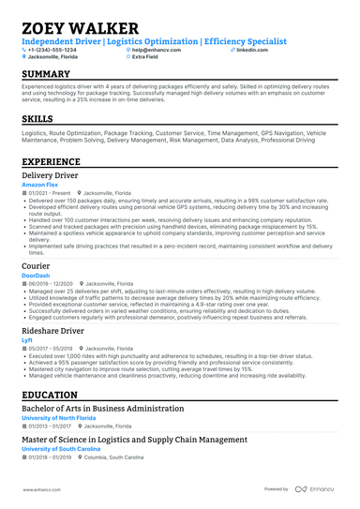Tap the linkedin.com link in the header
(x=253, y=50)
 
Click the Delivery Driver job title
(x=56, y=176)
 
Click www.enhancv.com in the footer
(x=42, y=489)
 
